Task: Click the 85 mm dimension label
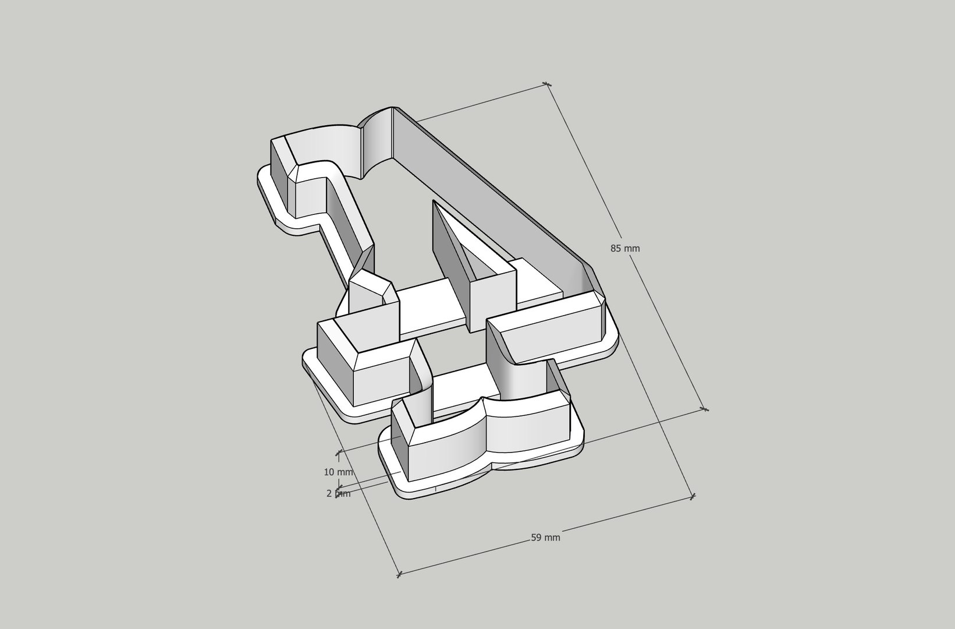[624, 249]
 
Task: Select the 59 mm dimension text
[545, 538]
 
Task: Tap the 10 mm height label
[338, 472]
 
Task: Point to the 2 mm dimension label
[338, 493]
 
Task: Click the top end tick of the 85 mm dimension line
[546, 84]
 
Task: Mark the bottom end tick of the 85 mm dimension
[705, 409]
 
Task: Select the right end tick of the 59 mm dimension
[693, 497]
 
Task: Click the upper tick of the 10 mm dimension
[338, 452]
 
